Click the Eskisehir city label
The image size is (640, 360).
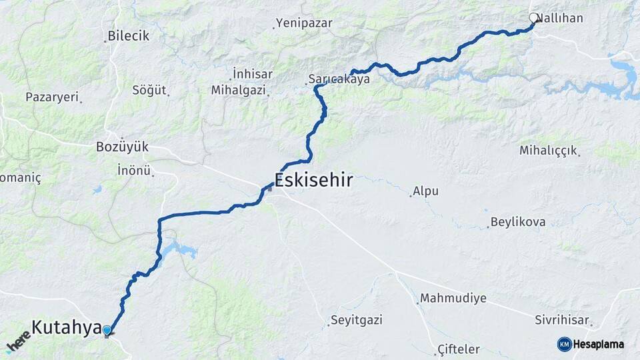pos(313,181)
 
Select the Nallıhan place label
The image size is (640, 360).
pos(561,18)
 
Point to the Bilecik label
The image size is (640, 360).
pos(129,36)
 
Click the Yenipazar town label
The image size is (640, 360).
pos(305,23)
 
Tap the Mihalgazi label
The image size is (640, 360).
pos(238,89)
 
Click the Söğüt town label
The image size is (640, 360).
pos(149,89)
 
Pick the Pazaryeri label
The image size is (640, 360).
pos(52,97)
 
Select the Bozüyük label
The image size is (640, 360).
pos(122,146)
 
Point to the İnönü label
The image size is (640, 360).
pos(134,170)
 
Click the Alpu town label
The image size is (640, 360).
pos(426,191)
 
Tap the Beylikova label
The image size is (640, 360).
pos(518,222)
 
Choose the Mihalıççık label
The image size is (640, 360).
pos(548,151)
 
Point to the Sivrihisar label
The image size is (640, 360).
pos(562,321)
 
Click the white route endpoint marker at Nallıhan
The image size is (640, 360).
pos(533,17)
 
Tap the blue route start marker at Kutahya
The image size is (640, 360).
pos(107,329)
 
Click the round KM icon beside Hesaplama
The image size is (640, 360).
pos(564,344)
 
